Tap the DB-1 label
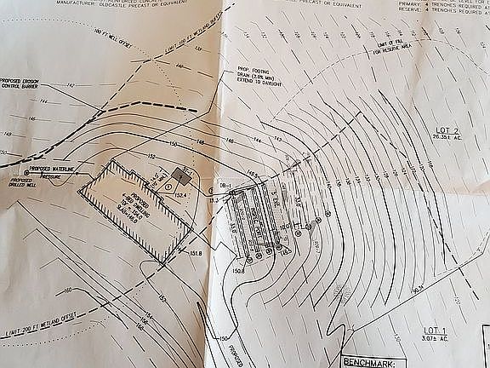tap(225, 185)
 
